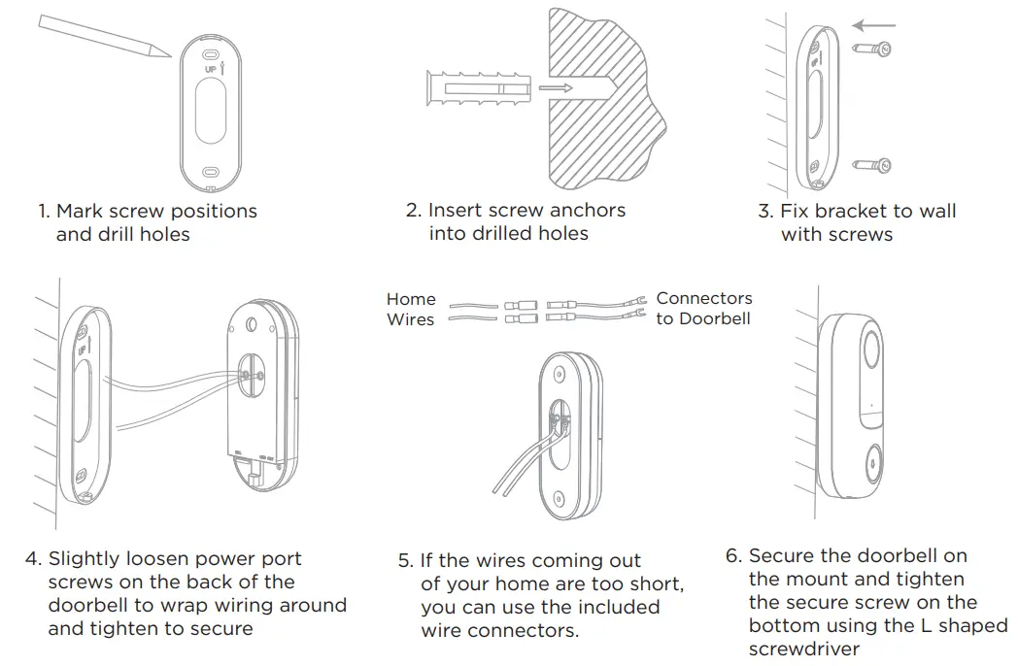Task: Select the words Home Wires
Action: (x=411, y=309)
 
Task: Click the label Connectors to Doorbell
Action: (x=704, y=308)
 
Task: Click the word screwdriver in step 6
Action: (x=804, y=649)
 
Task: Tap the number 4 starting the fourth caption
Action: (x=32, y=559)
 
